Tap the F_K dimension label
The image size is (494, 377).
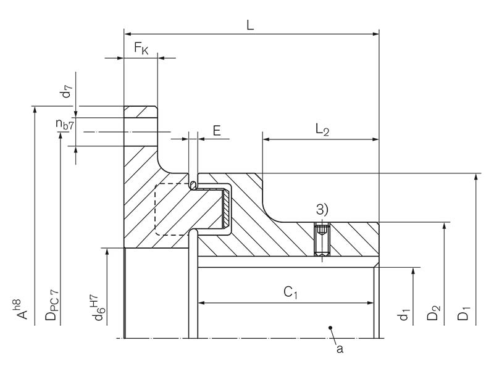pyautogui.click(x=141, y=49)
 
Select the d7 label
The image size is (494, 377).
pyautogui.click(x=66, y=93)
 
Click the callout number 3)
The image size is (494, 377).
pyautogui.click(x=322, y=210)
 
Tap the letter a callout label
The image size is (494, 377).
pyautogui.click(x=338, y=349)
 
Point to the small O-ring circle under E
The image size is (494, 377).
pyautogui.click(x=193, y=185)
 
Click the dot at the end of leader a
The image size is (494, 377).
pyautogui.click(x=331, y=327)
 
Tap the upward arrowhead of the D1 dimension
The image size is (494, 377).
pyautogui.click(x=475, y=178)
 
